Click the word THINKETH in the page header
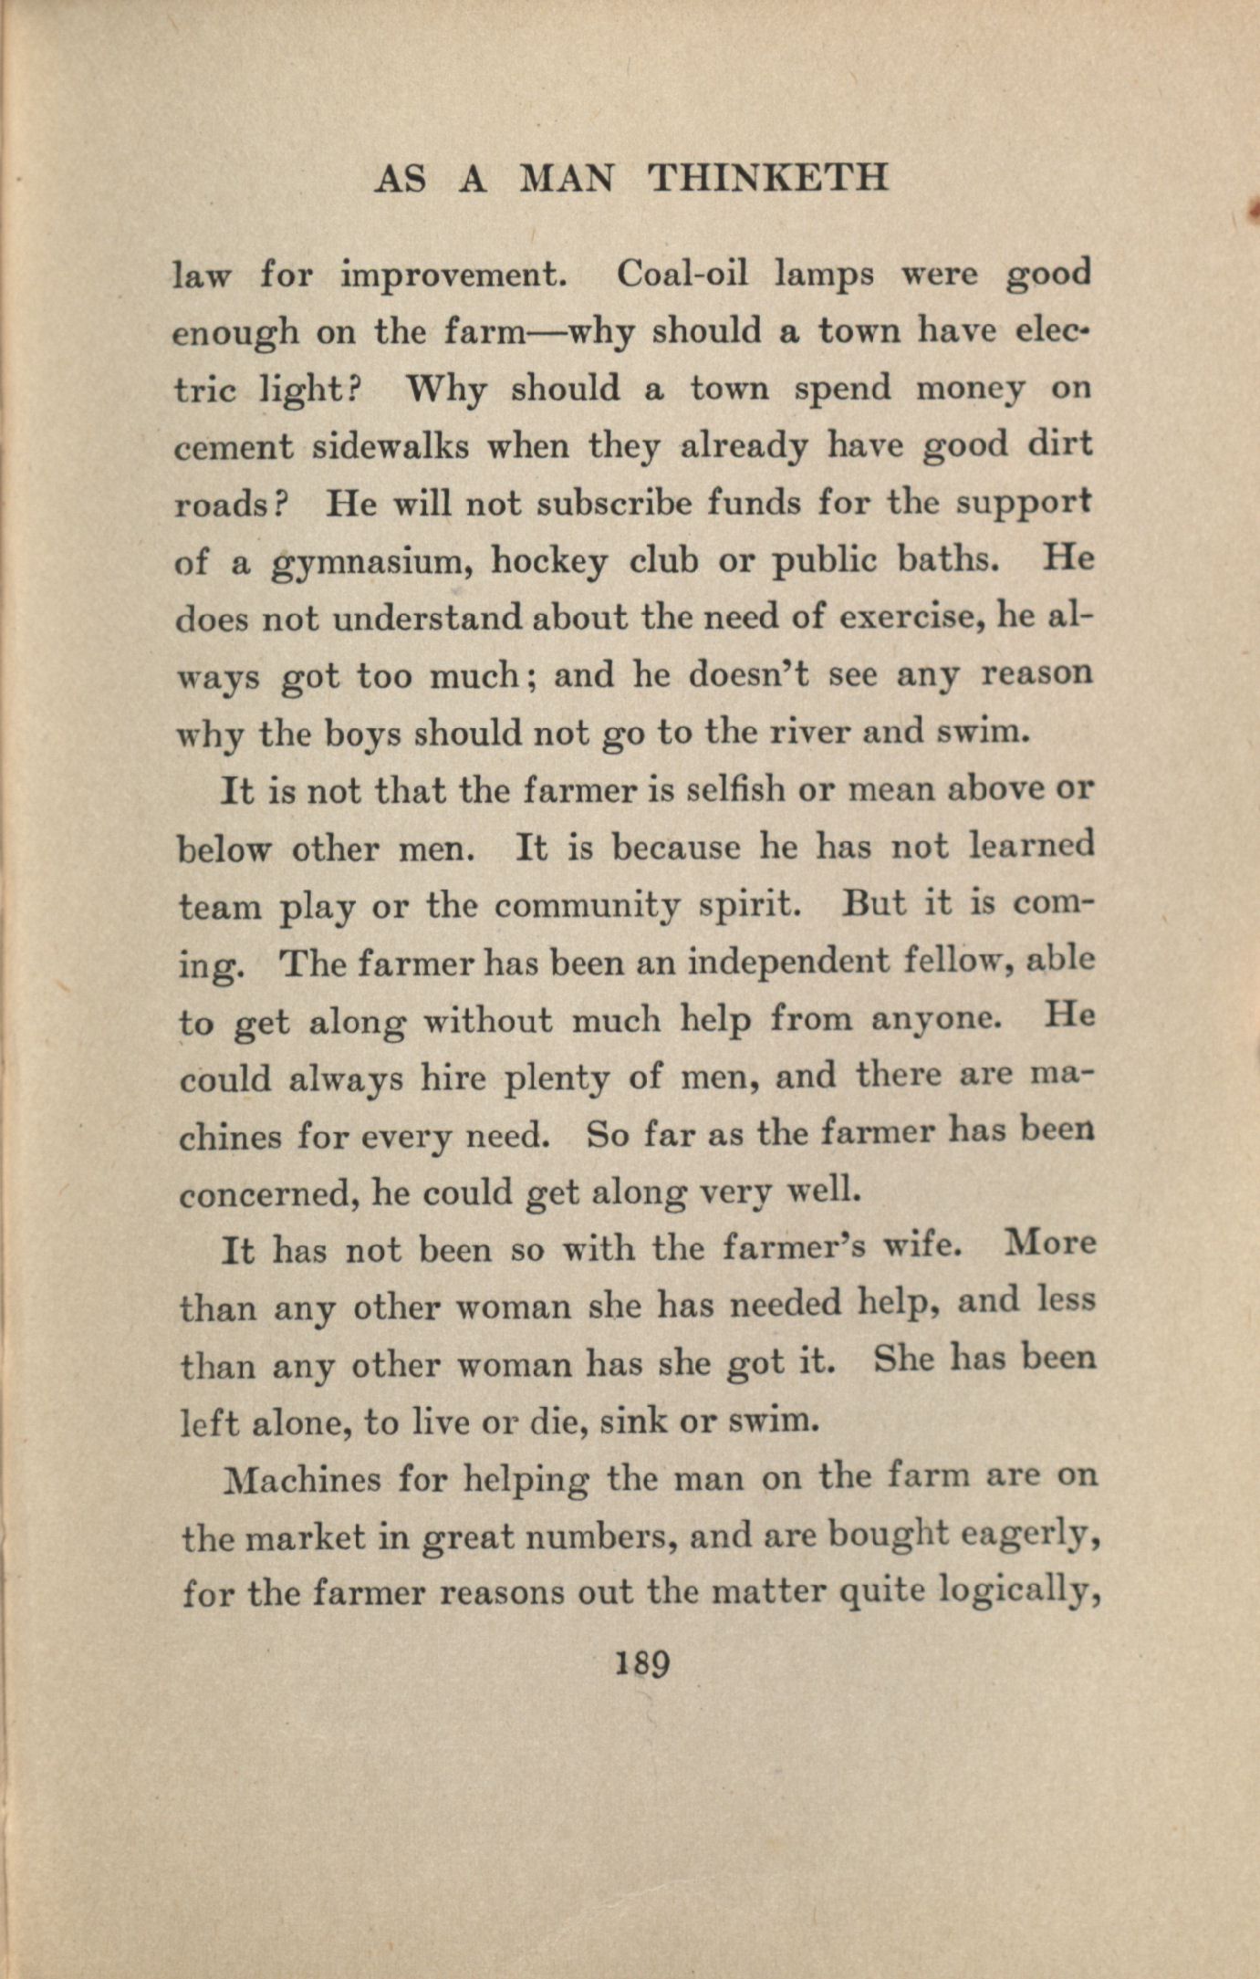point(767,177)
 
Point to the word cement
point(234,448)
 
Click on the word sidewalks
point(390,447)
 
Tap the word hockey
point(549,562)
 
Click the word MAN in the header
point(567,178)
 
